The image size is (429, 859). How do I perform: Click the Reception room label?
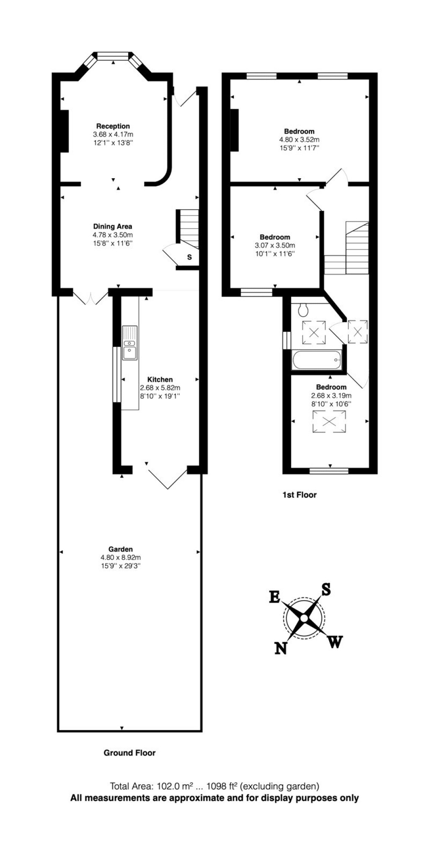click(113, 126)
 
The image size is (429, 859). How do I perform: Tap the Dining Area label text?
click(112, 226)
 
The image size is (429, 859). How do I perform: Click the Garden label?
click(121, 549)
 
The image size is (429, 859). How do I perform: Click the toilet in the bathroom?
click(303, 310)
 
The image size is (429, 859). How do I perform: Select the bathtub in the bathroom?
click(317, 360)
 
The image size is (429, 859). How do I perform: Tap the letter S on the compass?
click(326, 590)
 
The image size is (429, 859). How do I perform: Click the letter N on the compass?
click(281, 648)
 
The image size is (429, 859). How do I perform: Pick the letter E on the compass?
click(274, 597)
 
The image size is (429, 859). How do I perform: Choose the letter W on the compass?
click(335, 642)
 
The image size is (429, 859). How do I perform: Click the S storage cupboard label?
click(189, 257)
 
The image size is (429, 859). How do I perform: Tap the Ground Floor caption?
click(129, 753)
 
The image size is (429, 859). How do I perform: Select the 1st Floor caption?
click(299, 495)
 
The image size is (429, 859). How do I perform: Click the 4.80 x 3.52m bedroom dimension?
click(299, 140)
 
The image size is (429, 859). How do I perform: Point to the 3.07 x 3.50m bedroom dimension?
click(275, 245)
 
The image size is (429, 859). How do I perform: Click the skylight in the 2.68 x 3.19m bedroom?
click(329, 422)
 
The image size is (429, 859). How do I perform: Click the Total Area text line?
click(214, 786)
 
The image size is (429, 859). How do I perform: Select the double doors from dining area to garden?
click(90, 297)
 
